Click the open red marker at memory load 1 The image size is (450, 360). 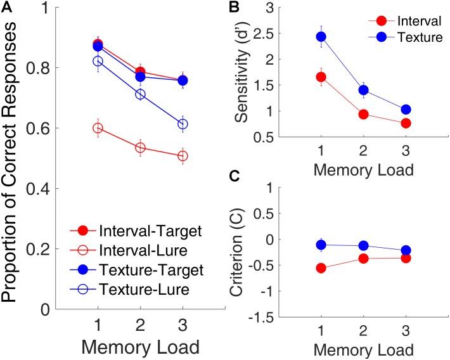click(x=98, y=128)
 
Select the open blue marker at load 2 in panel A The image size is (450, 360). click(x=141, y=94)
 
